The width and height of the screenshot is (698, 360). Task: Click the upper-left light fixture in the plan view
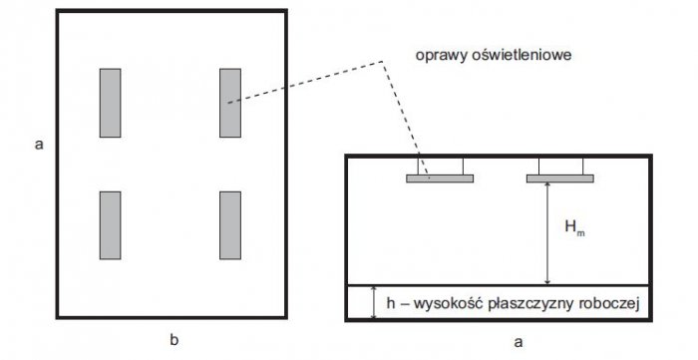110,103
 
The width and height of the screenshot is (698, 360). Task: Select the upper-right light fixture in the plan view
230,103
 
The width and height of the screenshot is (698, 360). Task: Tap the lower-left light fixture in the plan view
110,225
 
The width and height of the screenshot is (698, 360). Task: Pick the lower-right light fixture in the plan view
230,225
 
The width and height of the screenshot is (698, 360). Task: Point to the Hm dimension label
574,227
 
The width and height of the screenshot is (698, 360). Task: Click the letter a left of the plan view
39,145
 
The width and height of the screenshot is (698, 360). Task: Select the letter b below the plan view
174,340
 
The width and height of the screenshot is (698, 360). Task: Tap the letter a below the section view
518,342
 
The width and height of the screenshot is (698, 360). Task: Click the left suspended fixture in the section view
440,179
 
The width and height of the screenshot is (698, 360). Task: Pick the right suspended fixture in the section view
560,179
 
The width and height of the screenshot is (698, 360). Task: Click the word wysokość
449,304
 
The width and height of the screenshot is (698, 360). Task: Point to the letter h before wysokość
391,304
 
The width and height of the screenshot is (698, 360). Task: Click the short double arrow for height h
374,302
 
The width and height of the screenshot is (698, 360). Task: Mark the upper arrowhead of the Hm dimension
548,185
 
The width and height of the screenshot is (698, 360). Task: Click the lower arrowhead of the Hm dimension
548,281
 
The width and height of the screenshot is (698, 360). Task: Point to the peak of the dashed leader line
382,61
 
